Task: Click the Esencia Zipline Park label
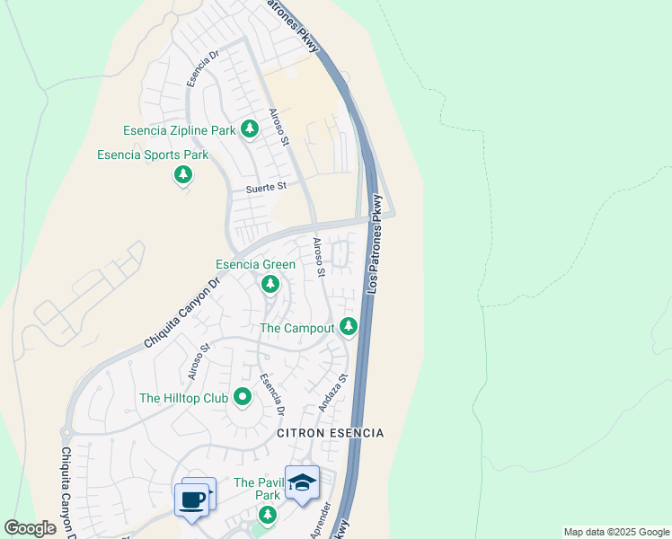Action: click(x=177, y=131)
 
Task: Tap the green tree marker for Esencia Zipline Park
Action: click(x=249, y=131)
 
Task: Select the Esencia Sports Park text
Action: click(x=153, y=155)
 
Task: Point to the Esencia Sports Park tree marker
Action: click(x=183, y=173)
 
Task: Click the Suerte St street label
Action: click(x=266, y=188)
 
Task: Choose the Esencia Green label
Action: click(x=255, y=265)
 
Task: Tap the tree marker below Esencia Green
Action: click(x=270, y=284)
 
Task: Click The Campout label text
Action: click(x=297, y=328)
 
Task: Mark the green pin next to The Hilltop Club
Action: click(x=242, y=396)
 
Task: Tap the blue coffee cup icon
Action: click(x=193, y=499)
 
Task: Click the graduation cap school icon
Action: click(x=303, y=483)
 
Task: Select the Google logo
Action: click(x=30, y=528)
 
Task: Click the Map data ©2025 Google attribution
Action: click(x=615, y=532)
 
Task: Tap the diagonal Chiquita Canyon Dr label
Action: click(x=182, y=314)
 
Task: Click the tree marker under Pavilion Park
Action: click(x=267, y=515)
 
